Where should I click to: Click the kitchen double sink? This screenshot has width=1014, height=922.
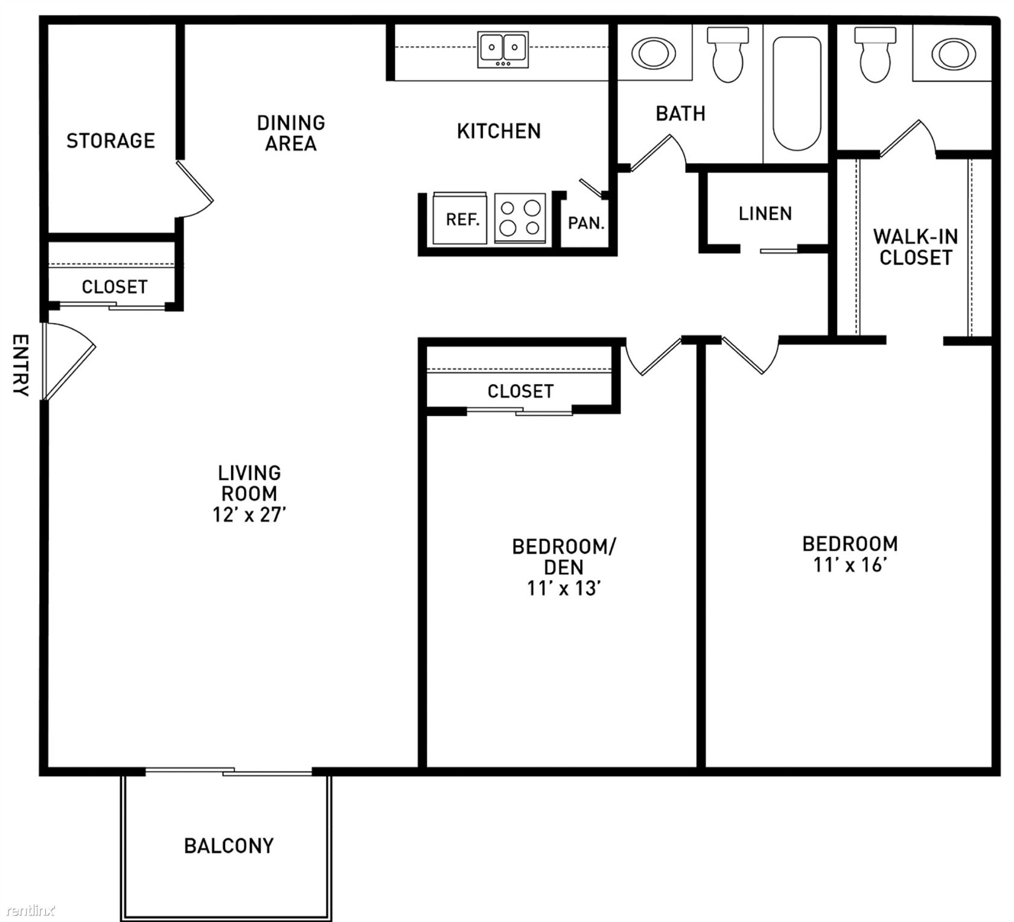503,50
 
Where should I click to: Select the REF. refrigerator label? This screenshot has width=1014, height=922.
462,219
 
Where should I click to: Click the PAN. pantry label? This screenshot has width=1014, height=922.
586,223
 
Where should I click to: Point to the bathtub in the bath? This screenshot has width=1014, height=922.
797,94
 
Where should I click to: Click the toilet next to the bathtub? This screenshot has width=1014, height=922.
728,54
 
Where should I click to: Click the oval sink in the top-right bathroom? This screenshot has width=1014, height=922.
954,54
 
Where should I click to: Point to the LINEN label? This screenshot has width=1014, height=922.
765,213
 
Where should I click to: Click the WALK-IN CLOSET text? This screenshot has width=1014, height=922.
915,247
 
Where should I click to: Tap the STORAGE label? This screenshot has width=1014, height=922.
110,141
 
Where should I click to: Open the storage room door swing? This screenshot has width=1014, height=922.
194,188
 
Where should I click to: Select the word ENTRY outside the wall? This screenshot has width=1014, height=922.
21,365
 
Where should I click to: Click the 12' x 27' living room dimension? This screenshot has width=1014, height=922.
249,514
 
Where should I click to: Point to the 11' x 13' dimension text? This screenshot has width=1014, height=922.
563,587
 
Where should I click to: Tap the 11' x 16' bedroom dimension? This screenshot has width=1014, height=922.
849,565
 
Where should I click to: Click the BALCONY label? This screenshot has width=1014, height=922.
229,845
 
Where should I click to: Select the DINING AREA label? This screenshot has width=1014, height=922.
291,133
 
